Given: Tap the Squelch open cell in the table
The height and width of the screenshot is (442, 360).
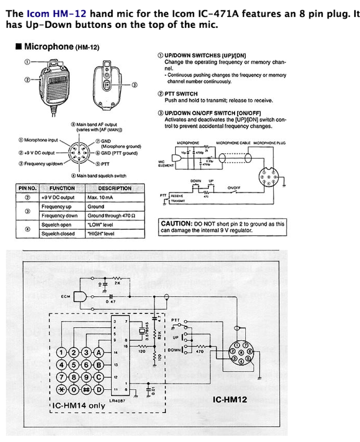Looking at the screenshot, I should click(56, 225).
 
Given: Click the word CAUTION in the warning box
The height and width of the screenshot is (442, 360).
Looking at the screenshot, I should click(176, 224).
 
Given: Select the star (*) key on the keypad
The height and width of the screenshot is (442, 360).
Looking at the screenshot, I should click(61, 390).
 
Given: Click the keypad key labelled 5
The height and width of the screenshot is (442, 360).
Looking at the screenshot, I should click(74, 365).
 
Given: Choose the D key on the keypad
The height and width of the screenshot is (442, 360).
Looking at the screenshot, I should click(99, 390).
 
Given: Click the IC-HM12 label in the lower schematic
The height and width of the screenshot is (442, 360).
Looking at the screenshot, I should click(230, 400).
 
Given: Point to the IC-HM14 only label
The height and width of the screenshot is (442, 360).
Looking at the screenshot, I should click(79, 405).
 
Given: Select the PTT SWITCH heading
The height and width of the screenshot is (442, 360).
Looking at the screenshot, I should click(178, 94).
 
